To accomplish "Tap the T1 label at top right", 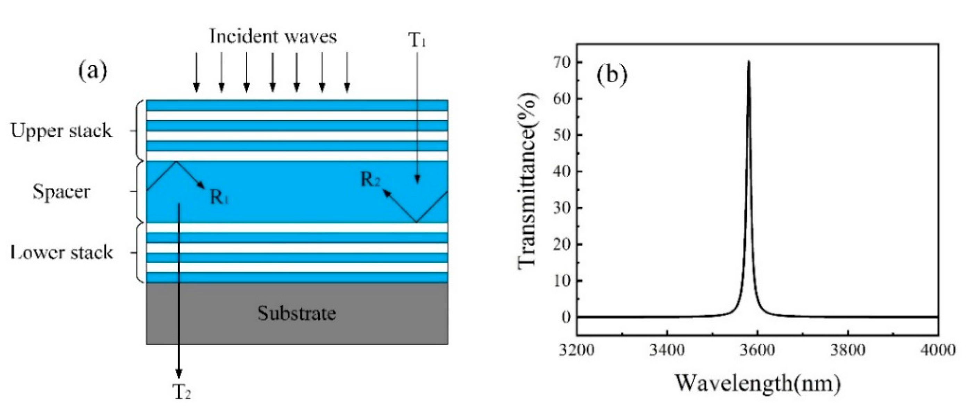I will [417, 41].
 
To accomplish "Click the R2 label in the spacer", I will [370, 179].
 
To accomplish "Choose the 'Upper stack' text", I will [61, 131].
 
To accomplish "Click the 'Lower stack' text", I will [61, 252].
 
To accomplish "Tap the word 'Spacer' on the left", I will [61, 191].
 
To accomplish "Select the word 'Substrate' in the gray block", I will [296, 313].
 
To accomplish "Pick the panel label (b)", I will [612, 75].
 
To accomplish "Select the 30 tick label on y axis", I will [561, 208].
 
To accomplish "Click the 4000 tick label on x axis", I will [937, 350].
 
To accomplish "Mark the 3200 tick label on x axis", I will [577, 350].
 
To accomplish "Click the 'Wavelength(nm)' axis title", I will [757, 383].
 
